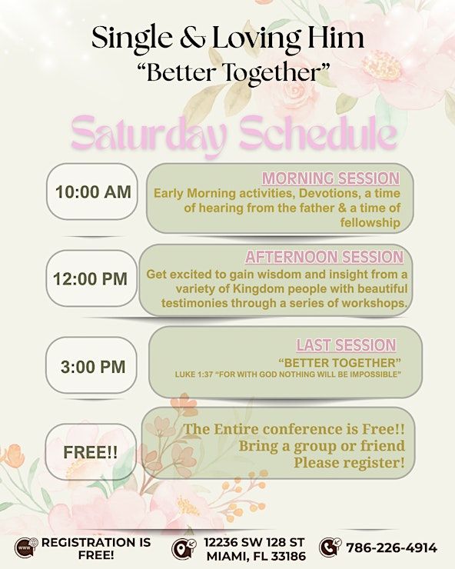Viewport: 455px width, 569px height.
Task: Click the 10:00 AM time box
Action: coord(93,192)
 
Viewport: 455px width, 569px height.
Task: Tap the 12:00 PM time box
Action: coord(91,279)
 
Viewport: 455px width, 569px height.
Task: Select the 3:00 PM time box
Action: coord(93,367)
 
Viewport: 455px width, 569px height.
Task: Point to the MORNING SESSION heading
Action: coord(330,178)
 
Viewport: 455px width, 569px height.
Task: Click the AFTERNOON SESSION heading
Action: coord(324,257)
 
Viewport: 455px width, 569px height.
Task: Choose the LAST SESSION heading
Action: coord(346,345)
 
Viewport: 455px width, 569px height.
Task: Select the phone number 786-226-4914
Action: coord(392,548)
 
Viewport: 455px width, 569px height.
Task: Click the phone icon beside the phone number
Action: coord(329,547)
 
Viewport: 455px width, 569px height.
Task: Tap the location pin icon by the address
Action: coord(183,548)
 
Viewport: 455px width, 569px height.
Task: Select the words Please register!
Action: coord(349,462)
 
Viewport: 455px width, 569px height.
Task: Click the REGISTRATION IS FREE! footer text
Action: coord(95,548)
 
